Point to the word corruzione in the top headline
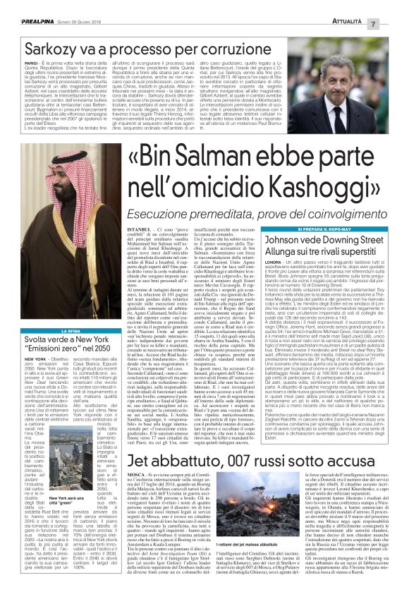(212, 30)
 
